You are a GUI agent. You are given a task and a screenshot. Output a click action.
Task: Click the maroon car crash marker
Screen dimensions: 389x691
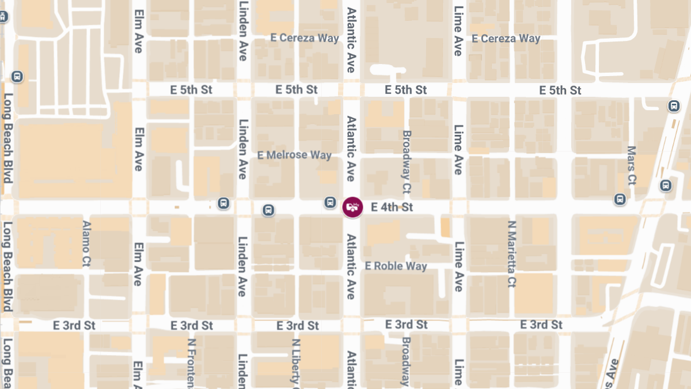352,207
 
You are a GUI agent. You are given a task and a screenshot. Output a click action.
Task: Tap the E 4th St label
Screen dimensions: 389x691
392,207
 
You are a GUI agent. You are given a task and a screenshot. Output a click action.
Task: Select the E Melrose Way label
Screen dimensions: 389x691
294,155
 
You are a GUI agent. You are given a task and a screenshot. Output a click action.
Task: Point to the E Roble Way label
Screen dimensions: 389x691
396,266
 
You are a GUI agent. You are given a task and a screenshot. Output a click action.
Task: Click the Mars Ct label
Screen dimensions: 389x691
632,165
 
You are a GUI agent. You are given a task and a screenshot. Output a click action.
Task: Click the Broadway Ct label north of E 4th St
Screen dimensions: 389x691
407,161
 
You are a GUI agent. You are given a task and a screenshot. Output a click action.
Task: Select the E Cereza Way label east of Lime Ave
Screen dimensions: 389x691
506,39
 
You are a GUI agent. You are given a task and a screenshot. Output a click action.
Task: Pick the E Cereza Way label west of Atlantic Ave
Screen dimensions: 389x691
305,38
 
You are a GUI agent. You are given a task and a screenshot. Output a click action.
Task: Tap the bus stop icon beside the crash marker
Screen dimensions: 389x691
330,202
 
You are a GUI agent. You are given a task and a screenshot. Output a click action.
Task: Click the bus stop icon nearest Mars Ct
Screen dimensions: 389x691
620,199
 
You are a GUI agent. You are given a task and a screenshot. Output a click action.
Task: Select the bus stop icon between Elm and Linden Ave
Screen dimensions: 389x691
223,203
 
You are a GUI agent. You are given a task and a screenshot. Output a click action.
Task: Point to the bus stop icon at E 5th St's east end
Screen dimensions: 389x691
673,106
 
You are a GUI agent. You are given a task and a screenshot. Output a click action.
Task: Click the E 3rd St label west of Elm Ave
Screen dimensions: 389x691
74,325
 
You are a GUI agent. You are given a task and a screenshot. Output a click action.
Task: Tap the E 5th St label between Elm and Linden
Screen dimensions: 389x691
192,90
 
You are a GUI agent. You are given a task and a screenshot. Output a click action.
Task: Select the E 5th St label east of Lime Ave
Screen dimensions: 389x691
560,90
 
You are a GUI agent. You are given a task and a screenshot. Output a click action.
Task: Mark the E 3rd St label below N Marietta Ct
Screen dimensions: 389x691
541,325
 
